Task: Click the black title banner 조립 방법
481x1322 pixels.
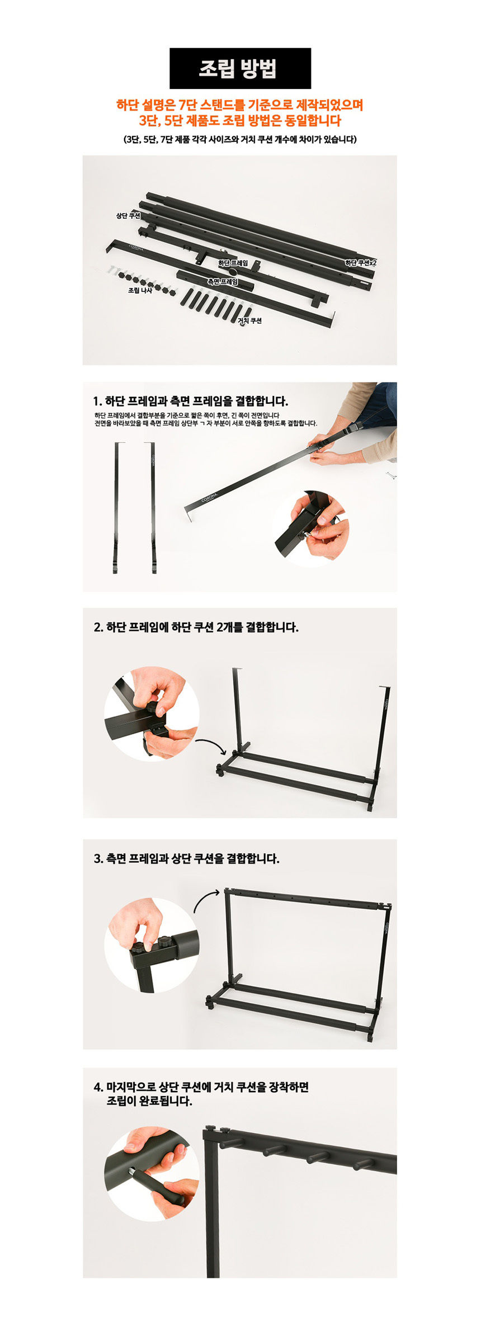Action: [x=240, y=68]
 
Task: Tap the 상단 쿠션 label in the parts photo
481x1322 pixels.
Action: [x=128, y=216]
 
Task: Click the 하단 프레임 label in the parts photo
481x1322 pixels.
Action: [x=233, y=263]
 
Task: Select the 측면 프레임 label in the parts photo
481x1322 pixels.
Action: [x=222, y=282]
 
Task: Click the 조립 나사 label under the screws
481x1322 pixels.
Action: [x=140, y=291]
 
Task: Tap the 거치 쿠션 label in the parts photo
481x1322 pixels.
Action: [x=249, y=321]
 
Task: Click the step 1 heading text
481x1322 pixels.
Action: [x=191, y=401]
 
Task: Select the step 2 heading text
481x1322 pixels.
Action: [x=196, y=627]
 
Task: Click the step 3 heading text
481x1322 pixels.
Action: [x=186, y=858]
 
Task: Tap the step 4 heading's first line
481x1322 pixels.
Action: [x=201, y=1087]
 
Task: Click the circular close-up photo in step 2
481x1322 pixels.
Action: [x=152, y=714]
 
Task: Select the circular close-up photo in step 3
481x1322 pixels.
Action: [x=152, y=945]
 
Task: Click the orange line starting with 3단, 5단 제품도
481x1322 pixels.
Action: [x=240, y=120]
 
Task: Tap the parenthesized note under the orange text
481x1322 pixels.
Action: [x=240, y=139]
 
